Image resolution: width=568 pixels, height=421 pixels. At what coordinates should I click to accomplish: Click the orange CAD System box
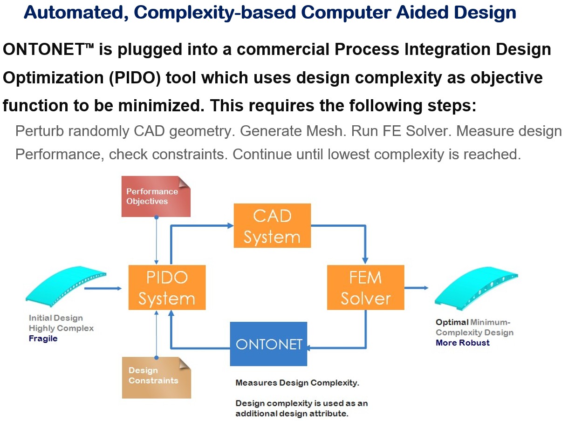[x=272, y=225]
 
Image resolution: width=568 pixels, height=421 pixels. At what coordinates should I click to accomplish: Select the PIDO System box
[x=166, y=287]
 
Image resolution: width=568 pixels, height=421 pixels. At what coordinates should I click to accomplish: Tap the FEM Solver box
[x=365, y=287]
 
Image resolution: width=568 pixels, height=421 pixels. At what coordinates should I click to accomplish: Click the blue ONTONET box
[x=268, y=344]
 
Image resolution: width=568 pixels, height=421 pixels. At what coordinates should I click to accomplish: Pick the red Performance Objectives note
[x=156, y=197]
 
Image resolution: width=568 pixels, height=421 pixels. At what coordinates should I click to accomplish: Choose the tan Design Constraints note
[x=156, y=377]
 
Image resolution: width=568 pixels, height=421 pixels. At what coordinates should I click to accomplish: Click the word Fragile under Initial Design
[x=43, y=339]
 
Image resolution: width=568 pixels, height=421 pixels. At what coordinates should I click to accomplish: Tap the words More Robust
[x=462, y=343]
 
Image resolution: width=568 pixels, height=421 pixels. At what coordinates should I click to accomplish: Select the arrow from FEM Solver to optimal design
[x=417, y=288]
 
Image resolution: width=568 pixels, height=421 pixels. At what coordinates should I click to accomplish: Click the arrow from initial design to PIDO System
[x=103, y=288]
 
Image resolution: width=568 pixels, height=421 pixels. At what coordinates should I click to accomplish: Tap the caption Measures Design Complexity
[x=297, y=383]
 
